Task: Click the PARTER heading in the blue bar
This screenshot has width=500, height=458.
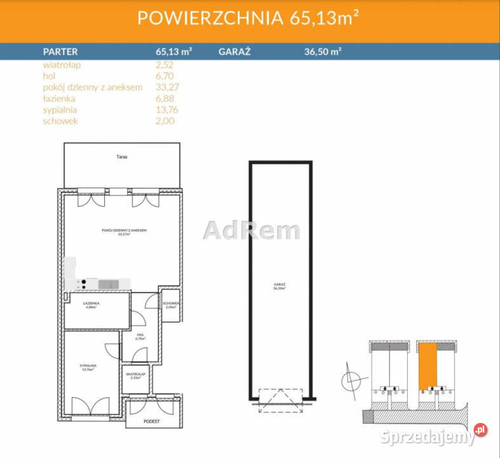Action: [60, 52]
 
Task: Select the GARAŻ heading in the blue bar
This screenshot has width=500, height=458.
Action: [234, 52]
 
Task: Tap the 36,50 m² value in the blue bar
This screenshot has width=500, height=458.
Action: [323, 52]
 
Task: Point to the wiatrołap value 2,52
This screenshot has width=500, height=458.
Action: [165, 65]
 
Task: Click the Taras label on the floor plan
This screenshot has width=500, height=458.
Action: [121, 156]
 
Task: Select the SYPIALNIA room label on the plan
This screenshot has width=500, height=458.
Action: [88, 367]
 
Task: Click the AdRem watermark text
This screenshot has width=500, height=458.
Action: [251, 230]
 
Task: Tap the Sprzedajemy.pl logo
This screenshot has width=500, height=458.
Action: [432, 436]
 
